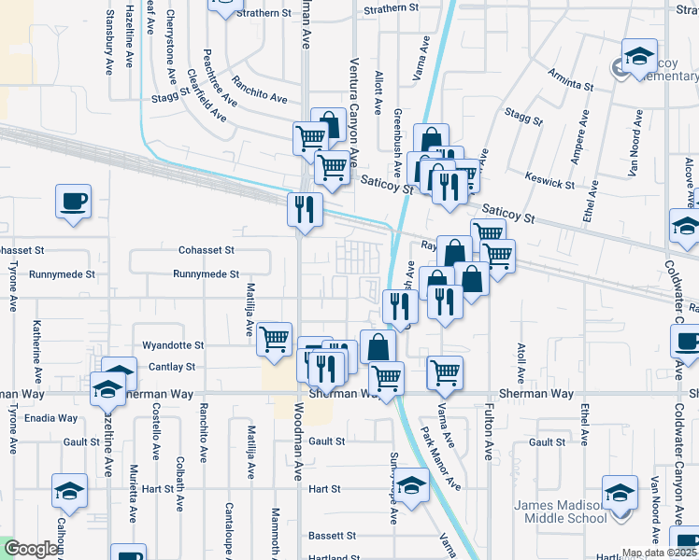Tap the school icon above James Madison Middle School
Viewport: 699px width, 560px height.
click(x=620, y=490)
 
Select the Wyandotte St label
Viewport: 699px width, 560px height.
click(x=173, y=345)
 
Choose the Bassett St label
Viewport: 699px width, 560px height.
click(x=333, y=536)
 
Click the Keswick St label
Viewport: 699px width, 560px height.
click(x=549, y=179)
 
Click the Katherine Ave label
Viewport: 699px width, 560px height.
click(x=37, y=343)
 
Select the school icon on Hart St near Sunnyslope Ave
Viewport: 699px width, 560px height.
click(x=410, y=483)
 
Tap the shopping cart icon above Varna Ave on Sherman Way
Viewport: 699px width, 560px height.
click(x=446, y=371)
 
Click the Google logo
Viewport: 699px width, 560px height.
click(x=32, y=549)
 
